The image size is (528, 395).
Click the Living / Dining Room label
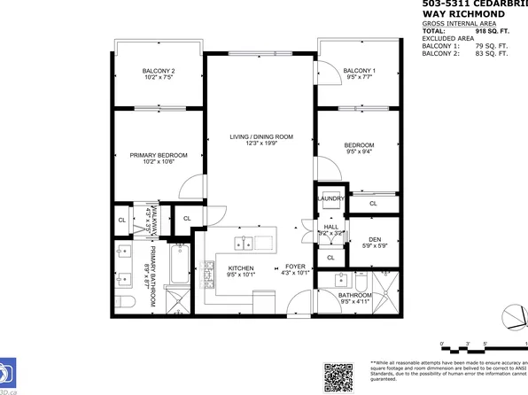point(260,136)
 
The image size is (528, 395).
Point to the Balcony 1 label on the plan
point(359,71)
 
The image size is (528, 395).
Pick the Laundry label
point(331,199)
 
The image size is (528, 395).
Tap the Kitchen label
point(241,268)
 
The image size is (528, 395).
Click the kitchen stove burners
point(210,275)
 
